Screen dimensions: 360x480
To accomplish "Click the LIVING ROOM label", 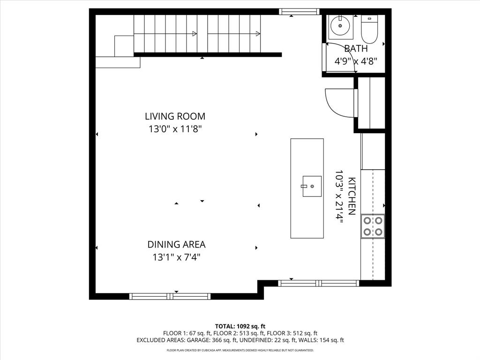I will pos(175,116).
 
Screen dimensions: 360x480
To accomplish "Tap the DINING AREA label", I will pos(176,244).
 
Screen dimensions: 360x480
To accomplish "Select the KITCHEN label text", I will pos(352,196).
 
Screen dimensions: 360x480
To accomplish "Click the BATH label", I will pos(356,48).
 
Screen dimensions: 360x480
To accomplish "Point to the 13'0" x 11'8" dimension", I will pos(175,129).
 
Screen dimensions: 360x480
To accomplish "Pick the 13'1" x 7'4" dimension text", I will pos(176,257).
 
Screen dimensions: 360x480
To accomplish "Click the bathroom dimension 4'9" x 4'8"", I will pos(355,60).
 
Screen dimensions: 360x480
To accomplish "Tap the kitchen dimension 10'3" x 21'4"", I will pos(339,196).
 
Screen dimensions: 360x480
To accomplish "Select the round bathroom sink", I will pos(340,26).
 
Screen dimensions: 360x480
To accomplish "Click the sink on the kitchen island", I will pos(312,186).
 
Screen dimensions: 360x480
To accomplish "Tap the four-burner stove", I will pos(373,226).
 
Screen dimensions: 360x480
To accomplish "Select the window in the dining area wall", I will pos(170,296).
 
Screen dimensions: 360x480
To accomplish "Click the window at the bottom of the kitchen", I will pos(319,283).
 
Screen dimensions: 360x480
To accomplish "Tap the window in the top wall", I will pos(299,12).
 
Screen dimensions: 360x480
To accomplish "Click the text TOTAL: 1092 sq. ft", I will pos(240,326).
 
